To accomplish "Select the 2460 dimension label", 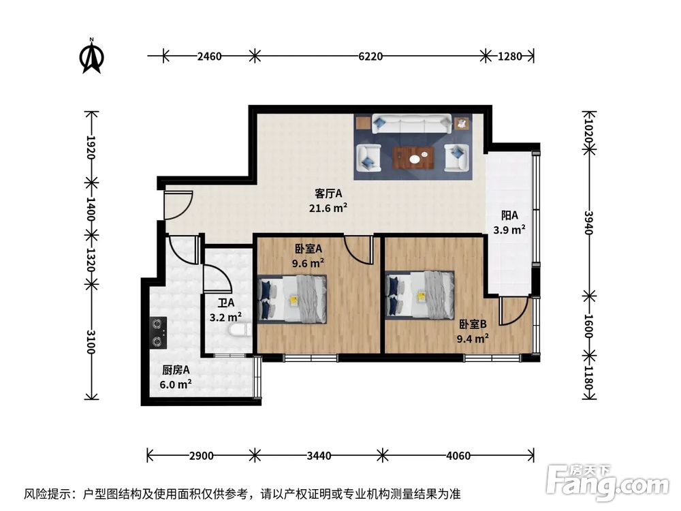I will coord(209,57).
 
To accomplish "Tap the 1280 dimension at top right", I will coord(509,57).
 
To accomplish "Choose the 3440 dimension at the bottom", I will coord(318,455).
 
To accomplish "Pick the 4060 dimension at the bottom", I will coord(457,455).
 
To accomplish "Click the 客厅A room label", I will coord(328,193).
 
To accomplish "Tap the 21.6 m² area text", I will coord(328,208).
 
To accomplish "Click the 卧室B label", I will coord(472,324).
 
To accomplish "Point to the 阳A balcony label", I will coord(509,215).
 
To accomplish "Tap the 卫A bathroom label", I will coord(225,302).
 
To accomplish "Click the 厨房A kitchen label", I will coord(176,370).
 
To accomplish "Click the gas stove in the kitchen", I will coord(158,332).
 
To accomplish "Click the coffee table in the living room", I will coord(416,158).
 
